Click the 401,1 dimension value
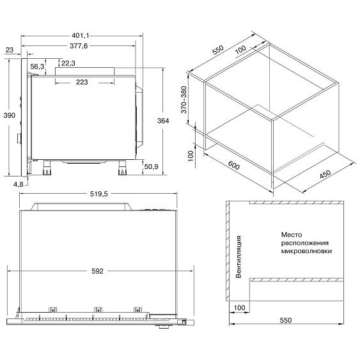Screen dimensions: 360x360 point(80,36)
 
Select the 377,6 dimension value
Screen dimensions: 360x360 point(79,46)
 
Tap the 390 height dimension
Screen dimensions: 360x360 point(10,115)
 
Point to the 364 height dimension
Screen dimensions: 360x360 point(163,121)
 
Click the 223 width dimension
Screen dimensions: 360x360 point(82,82)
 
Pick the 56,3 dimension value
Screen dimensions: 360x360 point(37,67)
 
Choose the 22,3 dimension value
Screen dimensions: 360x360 point(68,63)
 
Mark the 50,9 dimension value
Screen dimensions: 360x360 point(152,166)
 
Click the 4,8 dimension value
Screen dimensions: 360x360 point(19,184)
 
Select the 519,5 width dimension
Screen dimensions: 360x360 point(98,194)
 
